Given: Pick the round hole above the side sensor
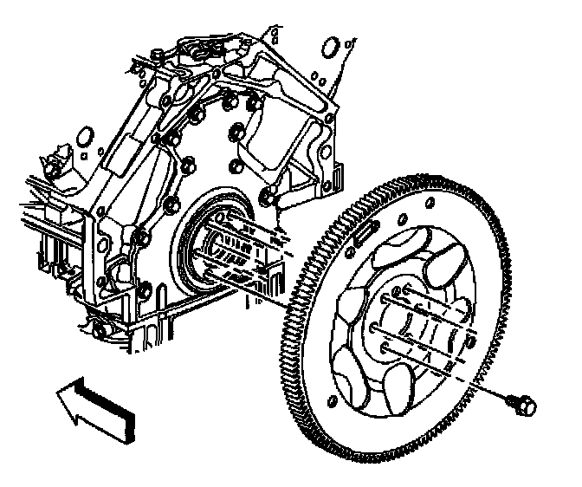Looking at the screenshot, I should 85,137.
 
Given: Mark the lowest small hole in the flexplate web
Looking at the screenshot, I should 332,401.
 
